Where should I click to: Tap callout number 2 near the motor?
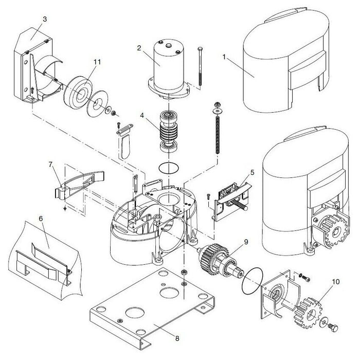pos(138,48)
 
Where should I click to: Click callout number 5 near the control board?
pos(253,172)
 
